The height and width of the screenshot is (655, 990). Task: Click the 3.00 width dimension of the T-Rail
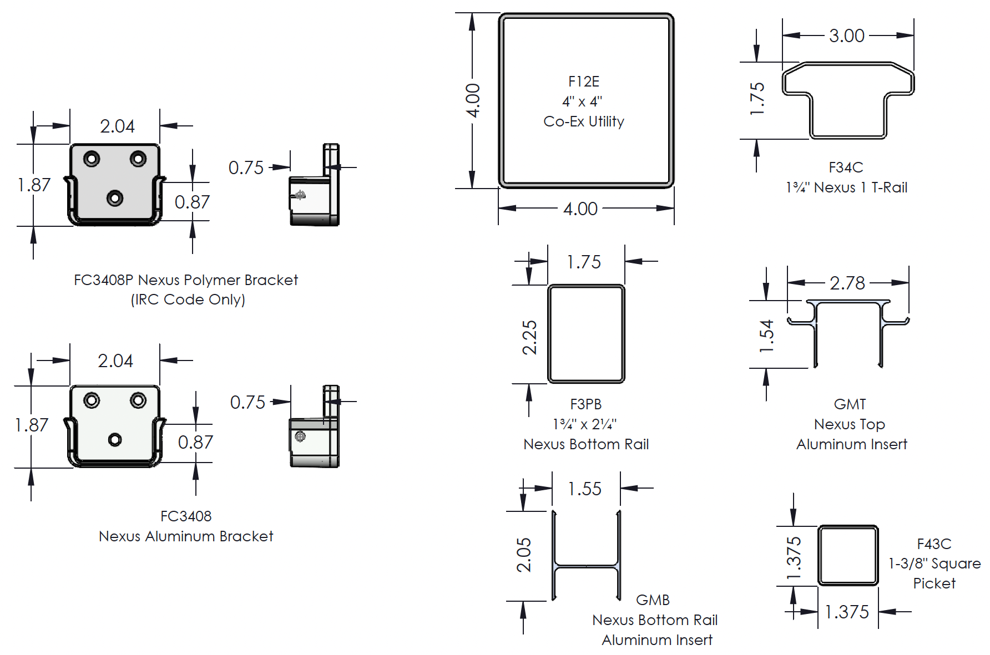[x=846, y=36]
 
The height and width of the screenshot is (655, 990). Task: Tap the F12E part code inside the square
[x=584, y=82]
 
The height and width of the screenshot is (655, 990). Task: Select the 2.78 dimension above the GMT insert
[x=847, y=283]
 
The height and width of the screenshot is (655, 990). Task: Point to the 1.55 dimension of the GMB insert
[x=584, y=489]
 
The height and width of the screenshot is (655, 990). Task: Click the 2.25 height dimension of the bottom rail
[x=529, y=337]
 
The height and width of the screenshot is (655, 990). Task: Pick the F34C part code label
[x=846, y=167]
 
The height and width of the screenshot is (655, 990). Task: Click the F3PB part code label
[x=585, y=404]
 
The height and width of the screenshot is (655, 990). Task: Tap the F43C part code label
[x=934, y=544]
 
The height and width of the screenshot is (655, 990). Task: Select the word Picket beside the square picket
[x=935, y=583]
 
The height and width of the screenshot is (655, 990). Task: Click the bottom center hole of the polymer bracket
[x=115, y=198]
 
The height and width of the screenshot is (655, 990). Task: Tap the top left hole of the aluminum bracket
[x=92, y=400]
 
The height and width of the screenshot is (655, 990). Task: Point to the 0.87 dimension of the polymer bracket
[x=192, y=202]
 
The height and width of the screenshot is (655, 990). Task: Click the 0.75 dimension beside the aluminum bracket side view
[x=247, y=403]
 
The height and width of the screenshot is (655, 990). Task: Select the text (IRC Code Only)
[x=188, y=299]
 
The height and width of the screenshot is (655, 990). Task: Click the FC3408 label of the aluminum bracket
[x=186, y=516]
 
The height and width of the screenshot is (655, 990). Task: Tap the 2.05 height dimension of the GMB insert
[x=524, y=555]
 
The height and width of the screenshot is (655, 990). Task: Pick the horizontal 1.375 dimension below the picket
[x=847, y=612]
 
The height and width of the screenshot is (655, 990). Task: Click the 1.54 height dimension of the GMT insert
[x=766, y=336]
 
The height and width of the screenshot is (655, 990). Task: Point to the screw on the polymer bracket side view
[x=300, y=195]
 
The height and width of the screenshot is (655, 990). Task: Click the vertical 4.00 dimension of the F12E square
[x=473, y=100]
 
